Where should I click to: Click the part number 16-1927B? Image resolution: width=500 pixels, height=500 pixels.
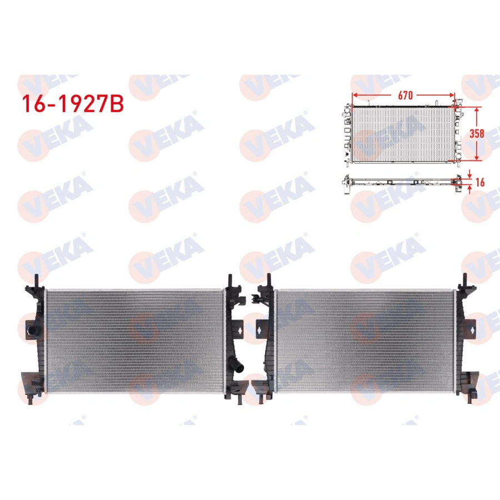(72, 103)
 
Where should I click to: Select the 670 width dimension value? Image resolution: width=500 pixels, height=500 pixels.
(404, 95)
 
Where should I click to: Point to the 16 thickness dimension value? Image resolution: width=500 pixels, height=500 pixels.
(479, 181)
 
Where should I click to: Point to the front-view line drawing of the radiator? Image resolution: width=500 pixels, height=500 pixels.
(403, 133)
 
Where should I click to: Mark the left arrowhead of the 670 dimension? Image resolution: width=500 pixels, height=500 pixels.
(353, 96)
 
